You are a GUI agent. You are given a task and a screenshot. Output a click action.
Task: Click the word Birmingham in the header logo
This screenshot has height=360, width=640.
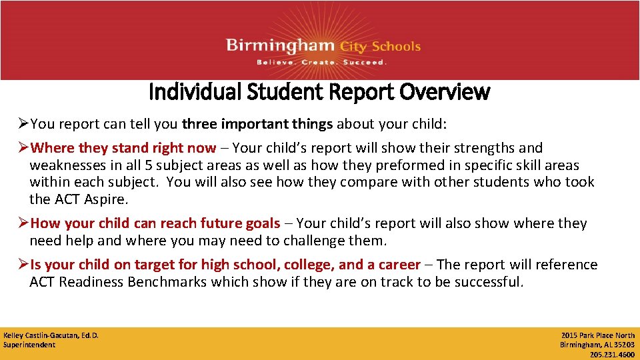coord(280,46)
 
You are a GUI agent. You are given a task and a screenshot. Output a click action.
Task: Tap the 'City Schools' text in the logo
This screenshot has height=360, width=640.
coord(380,47)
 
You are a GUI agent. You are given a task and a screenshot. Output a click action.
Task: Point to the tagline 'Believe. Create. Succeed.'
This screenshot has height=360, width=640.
coord(321,62)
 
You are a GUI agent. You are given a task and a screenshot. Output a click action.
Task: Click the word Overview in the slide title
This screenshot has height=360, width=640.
coord(445,92)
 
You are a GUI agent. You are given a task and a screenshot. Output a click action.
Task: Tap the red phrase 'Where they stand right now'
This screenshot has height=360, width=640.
coord(123,148)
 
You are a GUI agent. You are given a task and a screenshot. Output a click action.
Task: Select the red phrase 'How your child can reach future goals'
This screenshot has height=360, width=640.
coord(155,223)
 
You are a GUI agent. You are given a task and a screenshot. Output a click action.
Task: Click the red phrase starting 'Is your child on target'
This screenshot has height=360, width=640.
coord(225,265)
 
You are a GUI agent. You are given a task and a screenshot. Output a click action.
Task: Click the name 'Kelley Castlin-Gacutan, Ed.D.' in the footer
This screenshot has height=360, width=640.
coord(51,335)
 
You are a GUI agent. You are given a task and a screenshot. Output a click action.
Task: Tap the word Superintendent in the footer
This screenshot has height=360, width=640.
coord(29,345)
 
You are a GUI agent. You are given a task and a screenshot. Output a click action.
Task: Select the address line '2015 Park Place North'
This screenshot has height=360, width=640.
coord(598,335)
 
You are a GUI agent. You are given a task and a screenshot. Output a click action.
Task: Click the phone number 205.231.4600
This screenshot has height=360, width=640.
coord(612,354)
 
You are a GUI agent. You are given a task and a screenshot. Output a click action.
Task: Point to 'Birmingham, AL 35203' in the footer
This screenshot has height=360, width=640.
coord(597,345)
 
